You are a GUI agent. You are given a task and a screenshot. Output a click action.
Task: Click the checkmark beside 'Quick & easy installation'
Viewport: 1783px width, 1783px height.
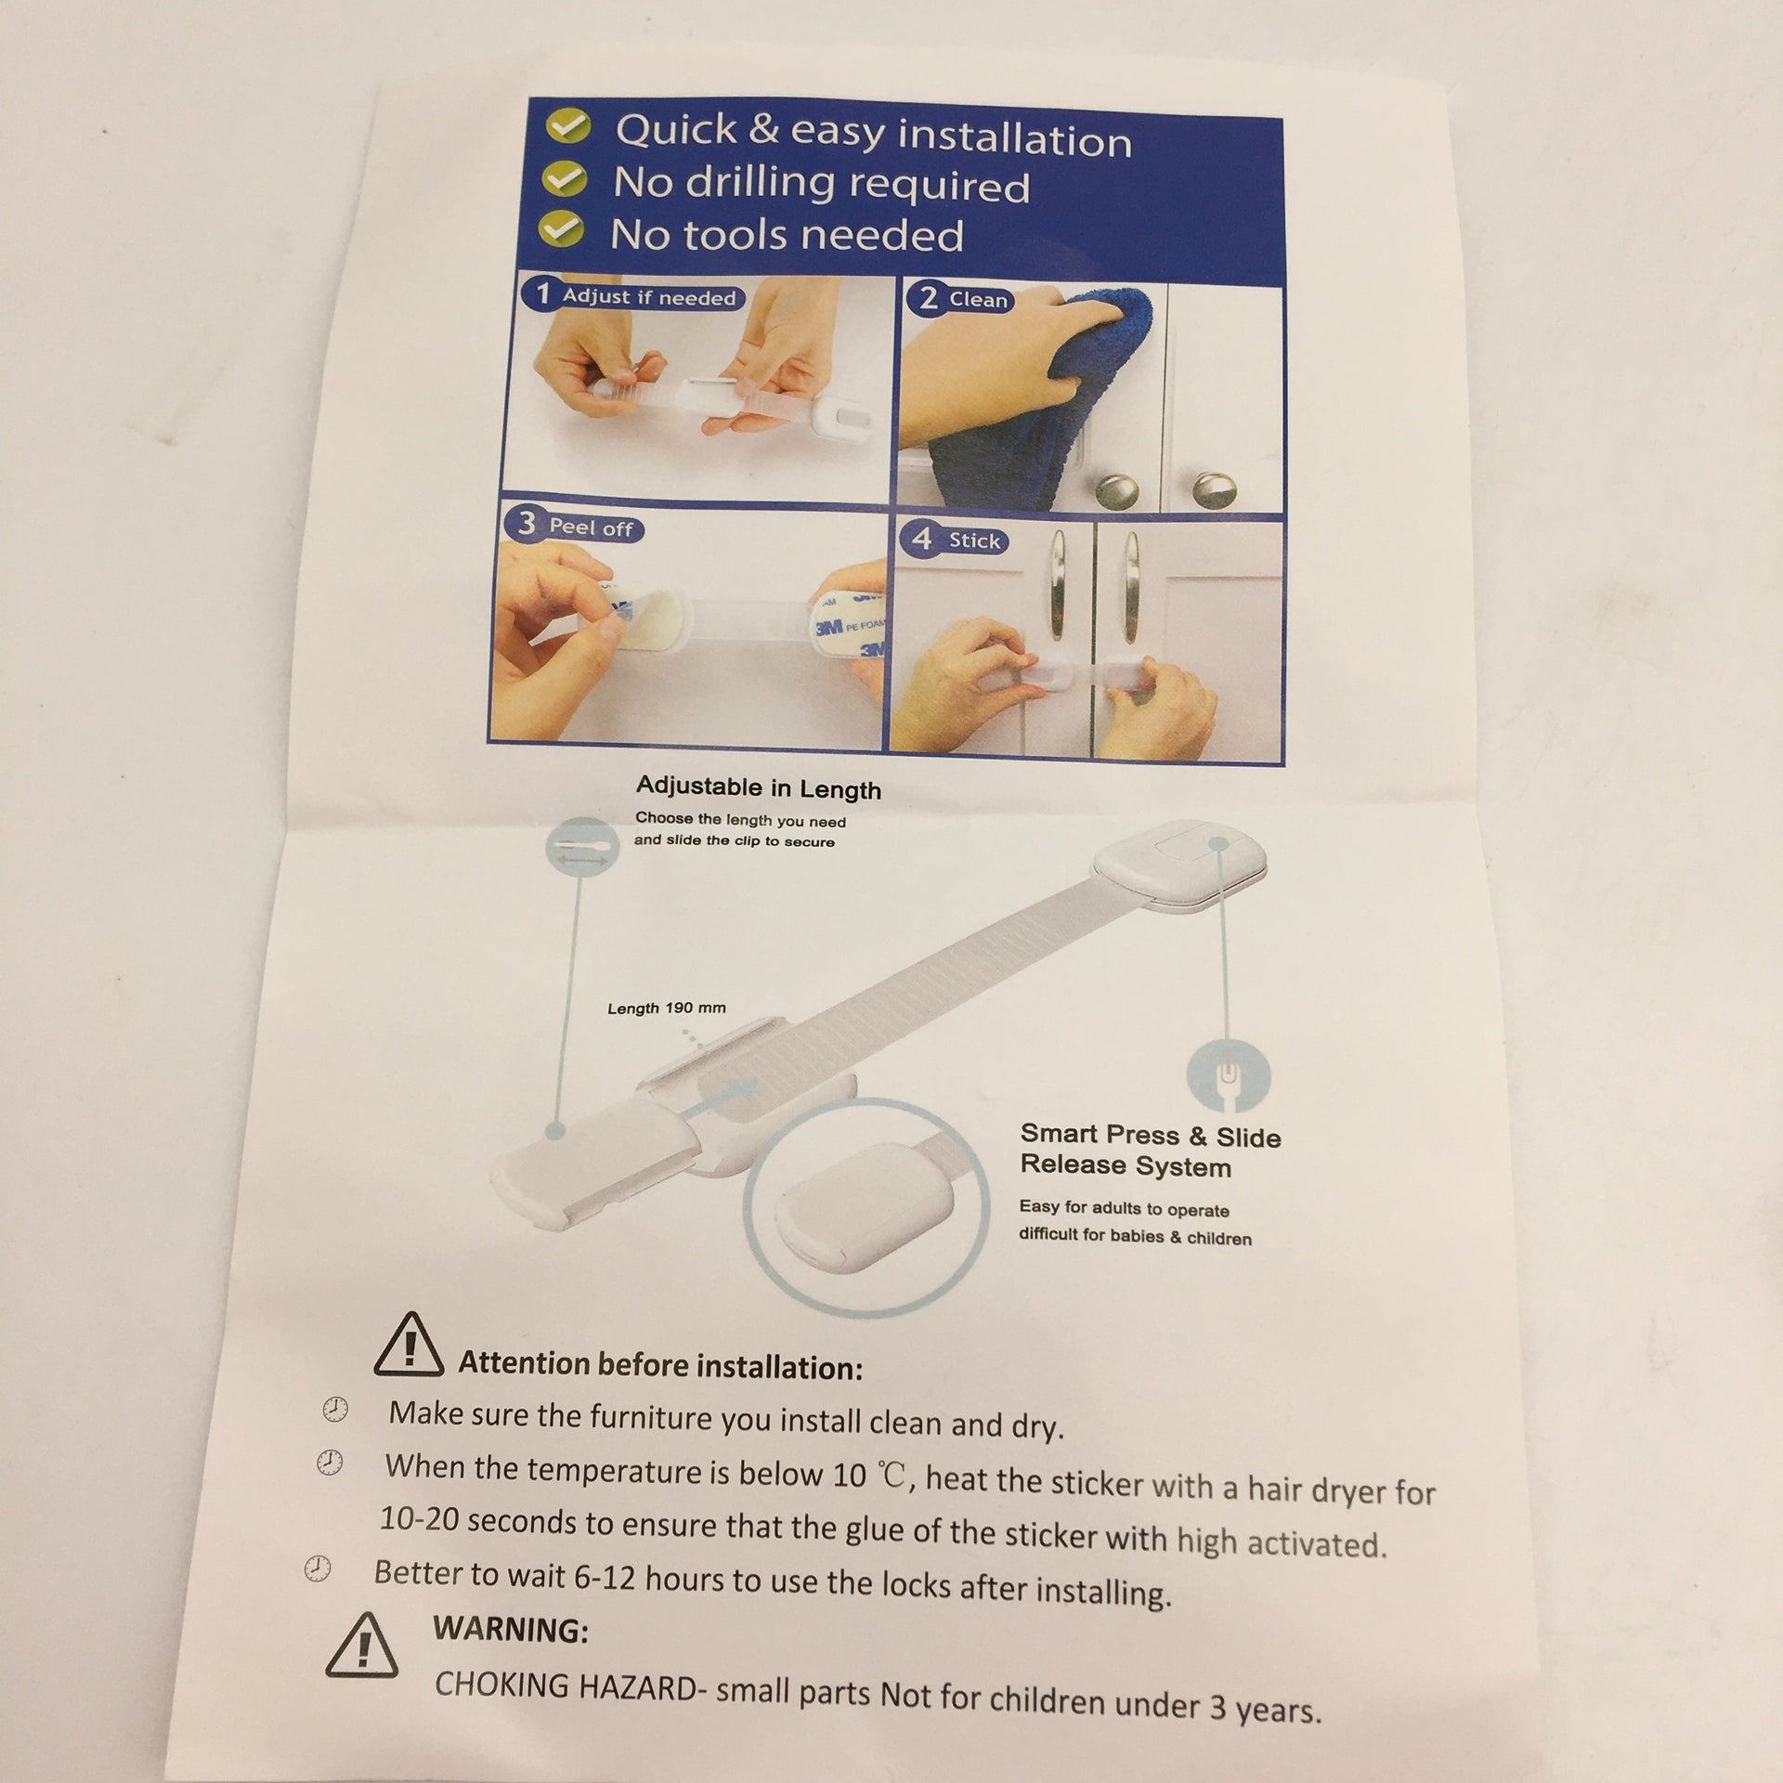click(x=566, y=127)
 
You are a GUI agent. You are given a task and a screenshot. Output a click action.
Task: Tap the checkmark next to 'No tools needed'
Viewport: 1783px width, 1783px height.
click(x=562, y=229)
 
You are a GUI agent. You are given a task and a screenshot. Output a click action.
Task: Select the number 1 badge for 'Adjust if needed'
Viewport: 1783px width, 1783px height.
click(x=541, y=294)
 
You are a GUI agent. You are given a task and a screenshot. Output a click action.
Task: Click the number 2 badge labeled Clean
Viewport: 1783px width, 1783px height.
click(x=928, y=299)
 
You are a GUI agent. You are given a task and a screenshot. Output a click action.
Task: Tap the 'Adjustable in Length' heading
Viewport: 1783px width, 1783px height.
click(x=759, y=788)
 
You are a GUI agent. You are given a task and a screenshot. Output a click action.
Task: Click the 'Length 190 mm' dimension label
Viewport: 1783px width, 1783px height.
click(x=667, y=1008)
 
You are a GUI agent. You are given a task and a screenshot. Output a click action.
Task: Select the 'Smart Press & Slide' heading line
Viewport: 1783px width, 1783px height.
click(x=1151, y=1135)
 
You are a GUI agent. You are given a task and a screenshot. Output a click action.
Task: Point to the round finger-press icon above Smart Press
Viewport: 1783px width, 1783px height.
click(x=1229, y=1076)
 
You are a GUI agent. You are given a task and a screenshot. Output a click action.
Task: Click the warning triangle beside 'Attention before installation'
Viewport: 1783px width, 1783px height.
click(x=409, y=1344)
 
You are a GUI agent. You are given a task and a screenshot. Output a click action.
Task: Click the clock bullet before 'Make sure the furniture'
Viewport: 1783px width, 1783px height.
click(x=334, y=1411)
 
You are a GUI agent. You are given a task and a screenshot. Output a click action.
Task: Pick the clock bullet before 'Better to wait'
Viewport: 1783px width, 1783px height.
click(x=318, y=1568)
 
